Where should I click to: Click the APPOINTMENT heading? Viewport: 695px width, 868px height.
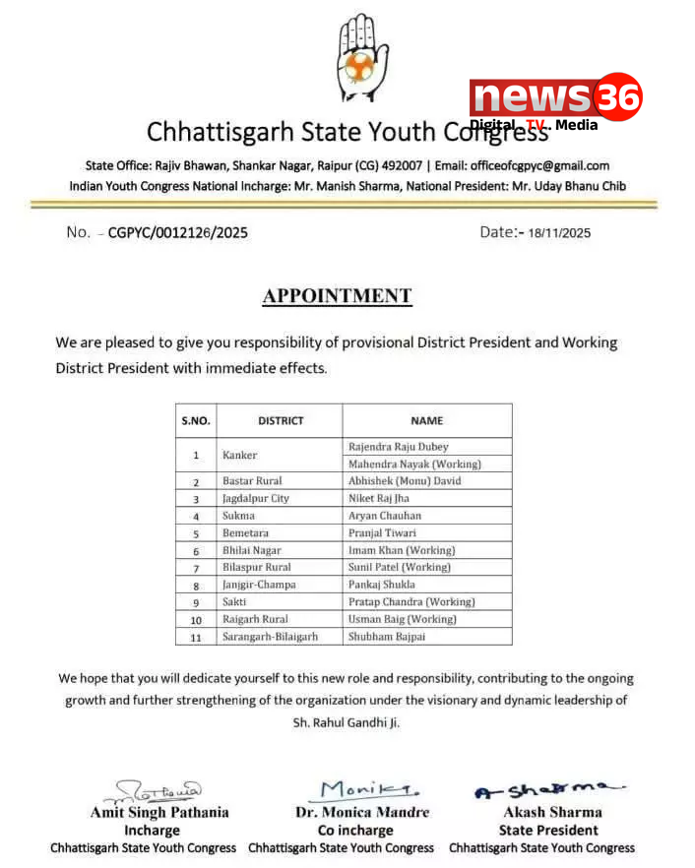337,296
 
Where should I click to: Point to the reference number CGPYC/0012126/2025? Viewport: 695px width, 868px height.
177,233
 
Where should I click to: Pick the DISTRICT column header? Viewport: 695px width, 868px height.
281,420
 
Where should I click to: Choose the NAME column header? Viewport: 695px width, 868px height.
426,420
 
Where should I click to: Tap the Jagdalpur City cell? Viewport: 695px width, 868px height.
255,499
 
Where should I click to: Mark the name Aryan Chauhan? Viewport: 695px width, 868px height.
384,516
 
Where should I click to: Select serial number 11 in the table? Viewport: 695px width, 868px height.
196,637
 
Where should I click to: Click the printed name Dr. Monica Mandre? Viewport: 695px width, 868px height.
363,812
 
